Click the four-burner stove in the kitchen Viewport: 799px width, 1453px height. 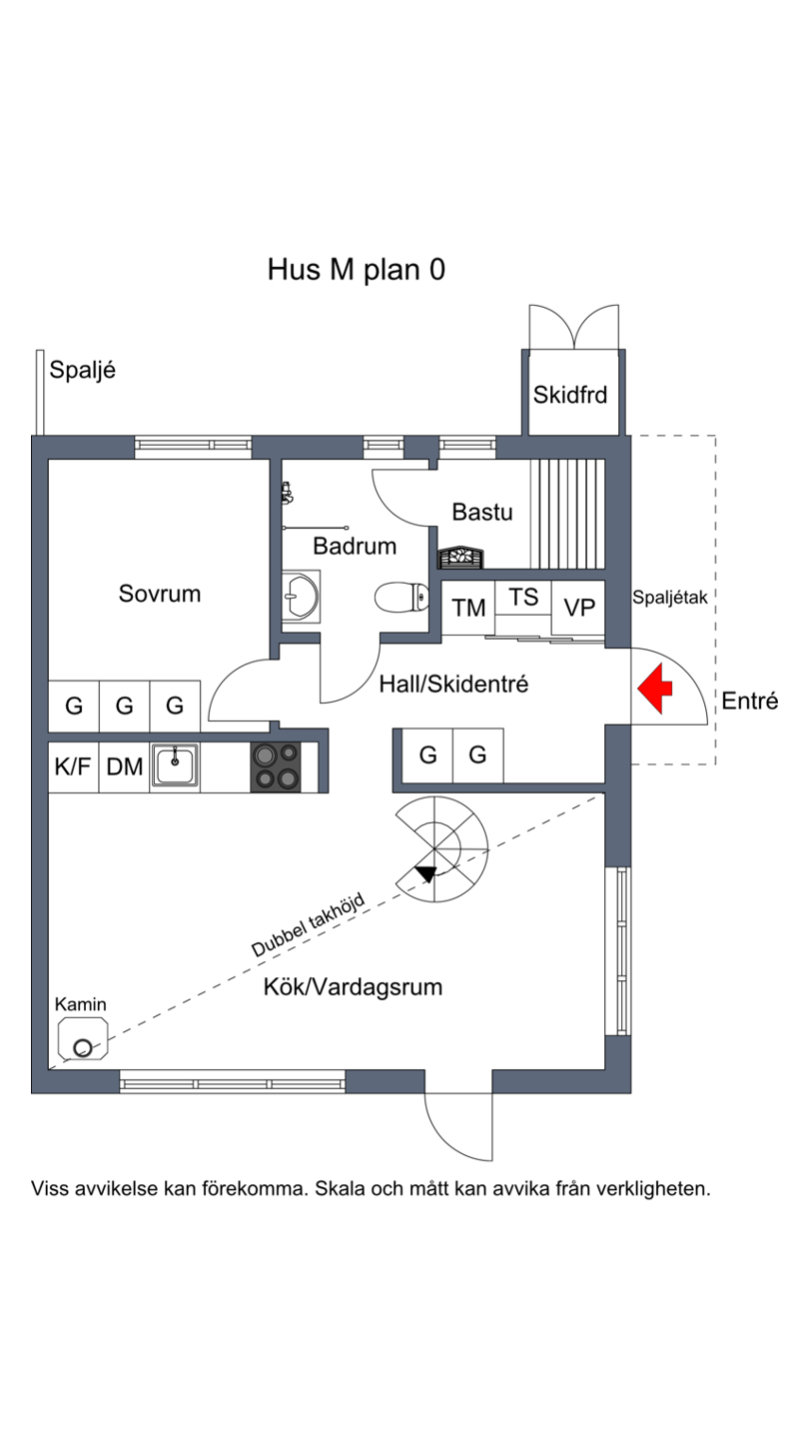pos(277,766)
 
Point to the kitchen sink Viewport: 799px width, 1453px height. pos(175,766)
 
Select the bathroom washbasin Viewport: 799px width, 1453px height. pos(299,599)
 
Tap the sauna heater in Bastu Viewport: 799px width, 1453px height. pos(461,557)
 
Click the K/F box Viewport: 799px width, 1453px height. pos(73,766)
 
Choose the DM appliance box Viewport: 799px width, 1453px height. pos(125,766)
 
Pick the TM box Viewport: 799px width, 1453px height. pos(468,608)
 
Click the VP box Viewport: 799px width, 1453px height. pos(579,608)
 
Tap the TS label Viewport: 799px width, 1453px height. pos(523,598)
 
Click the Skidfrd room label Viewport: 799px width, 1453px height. pos(570,395)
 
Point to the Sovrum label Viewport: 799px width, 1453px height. pos(160,594)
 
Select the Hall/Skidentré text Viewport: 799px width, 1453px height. pos(453,685)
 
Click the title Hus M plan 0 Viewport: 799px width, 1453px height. pos(356,269)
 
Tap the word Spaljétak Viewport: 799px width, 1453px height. pos(669,598)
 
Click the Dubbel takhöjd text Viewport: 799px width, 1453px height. pos(308,924)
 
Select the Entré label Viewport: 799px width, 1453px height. pos(749,701)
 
